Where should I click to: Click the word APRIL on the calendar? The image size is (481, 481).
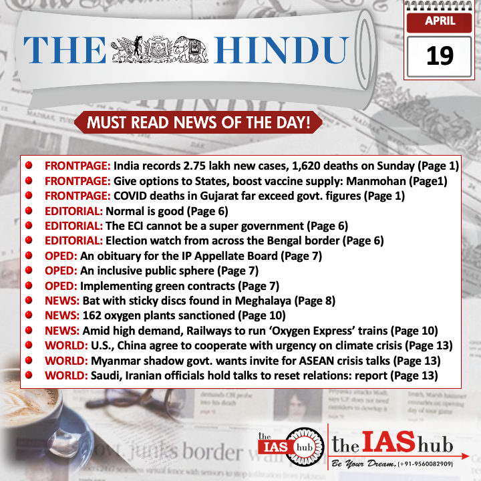pos(440,21)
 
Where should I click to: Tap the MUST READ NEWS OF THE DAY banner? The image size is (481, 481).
pos(198,123)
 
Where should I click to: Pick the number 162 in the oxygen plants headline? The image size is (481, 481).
pos(93,315)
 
